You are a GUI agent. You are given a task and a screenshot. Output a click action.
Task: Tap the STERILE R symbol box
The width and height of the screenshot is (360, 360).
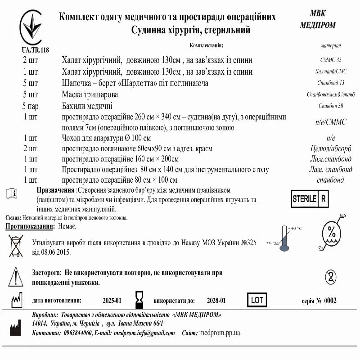point(310,198)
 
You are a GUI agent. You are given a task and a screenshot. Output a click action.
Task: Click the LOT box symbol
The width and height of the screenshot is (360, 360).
point(257,300)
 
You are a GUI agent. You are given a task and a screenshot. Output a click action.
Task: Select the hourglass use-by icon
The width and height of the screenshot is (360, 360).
point(139,300)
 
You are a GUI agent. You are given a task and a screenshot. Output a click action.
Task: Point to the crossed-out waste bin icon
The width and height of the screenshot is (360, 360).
point(16,246)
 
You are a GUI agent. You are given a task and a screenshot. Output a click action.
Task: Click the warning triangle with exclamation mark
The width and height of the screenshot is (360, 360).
point(16,275)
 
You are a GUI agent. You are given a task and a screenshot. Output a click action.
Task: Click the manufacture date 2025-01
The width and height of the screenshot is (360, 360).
point(112,301)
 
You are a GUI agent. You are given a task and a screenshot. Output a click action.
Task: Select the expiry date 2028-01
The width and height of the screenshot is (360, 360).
point(216,301)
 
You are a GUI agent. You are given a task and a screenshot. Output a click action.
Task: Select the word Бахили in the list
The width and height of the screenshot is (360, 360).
point(74,106)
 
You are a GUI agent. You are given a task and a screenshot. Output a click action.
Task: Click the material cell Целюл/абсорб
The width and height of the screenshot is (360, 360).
point(328,148)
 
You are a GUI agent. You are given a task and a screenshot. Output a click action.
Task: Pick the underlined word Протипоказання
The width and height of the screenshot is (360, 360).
point(30,226)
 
